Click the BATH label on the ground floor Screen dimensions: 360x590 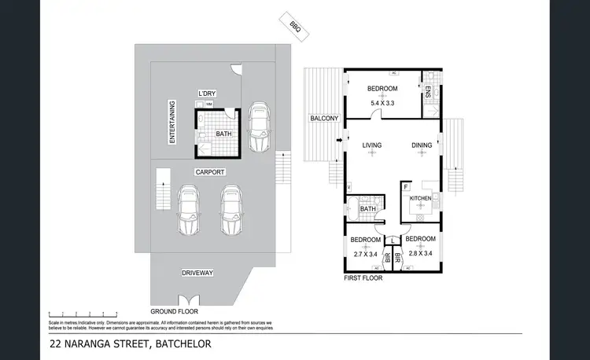coord(224,134)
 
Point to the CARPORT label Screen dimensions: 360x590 coord(211,171)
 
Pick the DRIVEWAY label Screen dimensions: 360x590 coord(197,273)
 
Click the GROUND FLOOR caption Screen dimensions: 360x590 coord(173,310)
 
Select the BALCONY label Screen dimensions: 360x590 coord(324,119)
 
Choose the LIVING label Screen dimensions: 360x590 coord(372,145)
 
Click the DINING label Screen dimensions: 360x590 coord(422,145)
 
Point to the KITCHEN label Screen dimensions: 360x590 coord(420,199)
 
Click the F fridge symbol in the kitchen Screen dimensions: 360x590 coord(406,186)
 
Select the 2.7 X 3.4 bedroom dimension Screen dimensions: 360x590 coord(365,253)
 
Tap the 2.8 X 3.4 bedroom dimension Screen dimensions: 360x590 coord(420,253)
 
